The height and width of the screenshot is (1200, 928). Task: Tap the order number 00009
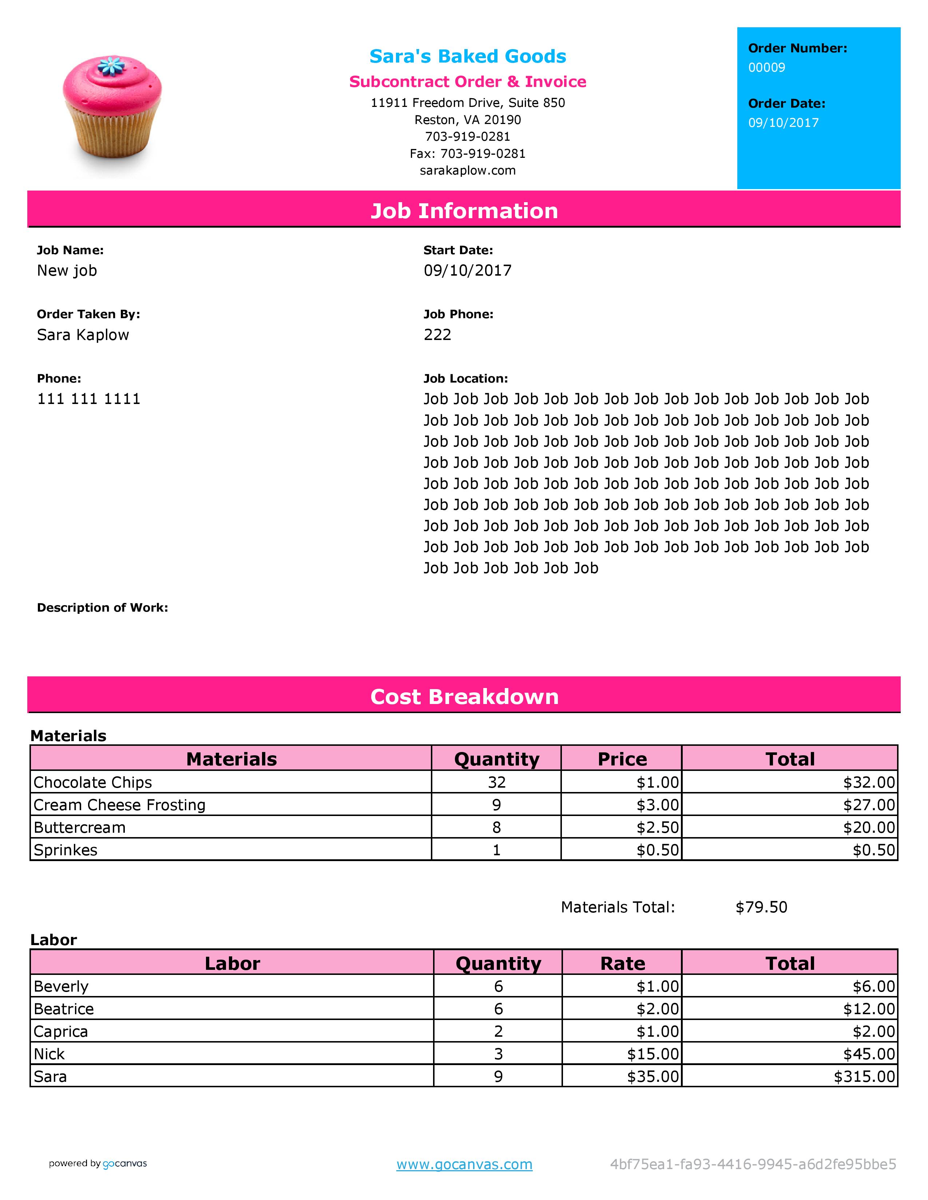point(766,68)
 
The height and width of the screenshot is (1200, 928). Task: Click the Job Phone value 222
point(437,335)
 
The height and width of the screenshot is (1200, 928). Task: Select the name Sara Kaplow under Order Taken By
point(83,335)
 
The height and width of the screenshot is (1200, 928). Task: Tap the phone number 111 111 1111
point(88,399)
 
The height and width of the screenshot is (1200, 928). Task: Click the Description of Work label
point(102,608)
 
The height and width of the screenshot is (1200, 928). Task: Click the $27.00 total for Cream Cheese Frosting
point(869,805)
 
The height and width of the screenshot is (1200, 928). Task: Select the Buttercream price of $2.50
point(658,828)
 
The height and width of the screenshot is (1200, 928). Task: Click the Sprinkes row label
point(66,850)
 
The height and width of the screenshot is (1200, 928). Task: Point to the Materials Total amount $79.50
point(761,907)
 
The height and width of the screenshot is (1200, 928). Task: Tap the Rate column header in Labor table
point(622,963)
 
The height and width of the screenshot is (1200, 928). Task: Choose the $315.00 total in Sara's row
point(864,1076)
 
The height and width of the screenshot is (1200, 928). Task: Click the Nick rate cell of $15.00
point(653,1054)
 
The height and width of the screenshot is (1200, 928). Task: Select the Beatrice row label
point(64,1009)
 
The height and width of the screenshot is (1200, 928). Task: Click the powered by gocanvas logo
point(98,1164)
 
